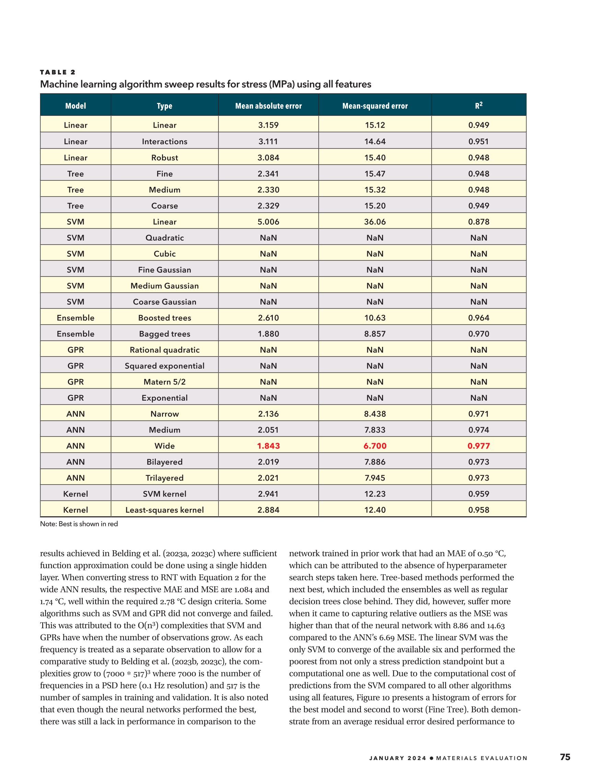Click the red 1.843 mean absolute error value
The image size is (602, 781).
point(268,446)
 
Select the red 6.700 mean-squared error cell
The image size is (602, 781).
point(375,446)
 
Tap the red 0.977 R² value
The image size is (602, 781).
point(479,446)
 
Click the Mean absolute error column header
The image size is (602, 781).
point(268,106)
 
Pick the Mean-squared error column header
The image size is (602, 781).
point(375,106)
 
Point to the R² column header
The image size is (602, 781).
point(479,105)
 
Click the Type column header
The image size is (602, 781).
point(164,106)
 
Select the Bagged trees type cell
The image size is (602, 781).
point(164,334)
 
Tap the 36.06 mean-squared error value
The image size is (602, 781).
point(375,222)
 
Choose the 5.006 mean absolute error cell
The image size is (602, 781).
point(268,222)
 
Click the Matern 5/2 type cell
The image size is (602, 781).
point(164,382)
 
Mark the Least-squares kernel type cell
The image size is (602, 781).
point(164,510)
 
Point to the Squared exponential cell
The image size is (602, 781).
point(164,366)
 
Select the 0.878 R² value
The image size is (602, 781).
point(479,222)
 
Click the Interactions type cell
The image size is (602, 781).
point(164,141)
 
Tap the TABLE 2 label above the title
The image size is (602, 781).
point(58,72)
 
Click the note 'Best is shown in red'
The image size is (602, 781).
point(79,524)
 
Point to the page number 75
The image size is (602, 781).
point(565,757)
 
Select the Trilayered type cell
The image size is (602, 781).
point(164,478)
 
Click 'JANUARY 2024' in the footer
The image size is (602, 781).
point(397,758)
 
